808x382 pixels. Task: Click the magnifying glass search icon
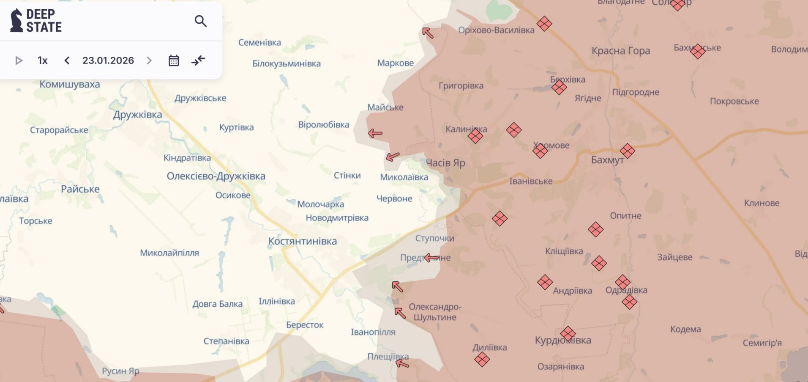200,21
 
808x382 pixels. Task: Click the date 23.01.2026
108,60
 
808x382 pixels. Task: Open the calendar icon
174,60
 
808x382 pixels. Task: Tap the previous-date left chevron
67,60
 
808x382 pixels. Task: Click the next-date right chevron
149,60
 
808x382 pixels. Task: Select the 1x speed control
42,60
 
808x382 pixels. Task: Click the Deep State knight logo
16,20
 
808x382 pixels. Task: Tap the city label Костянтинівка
303,241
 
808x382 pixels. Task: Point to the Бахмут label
607,160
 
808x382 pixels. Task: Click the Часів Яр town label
445,163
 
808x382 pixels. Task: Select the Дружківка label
137,115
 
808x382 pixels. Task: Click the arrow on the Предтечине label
431,257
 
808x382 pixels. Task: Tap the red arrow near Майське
375,133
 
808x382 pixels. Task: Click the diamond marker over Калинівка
475,136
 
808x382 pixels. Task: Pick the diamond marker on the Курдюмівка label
568,333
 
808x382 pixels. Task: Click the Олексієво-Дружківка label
216,176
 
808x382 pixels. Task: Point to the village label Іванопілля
373,332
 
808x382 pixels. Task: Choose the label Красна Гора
620,51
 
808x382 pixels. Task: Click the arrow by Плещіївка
402,363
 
